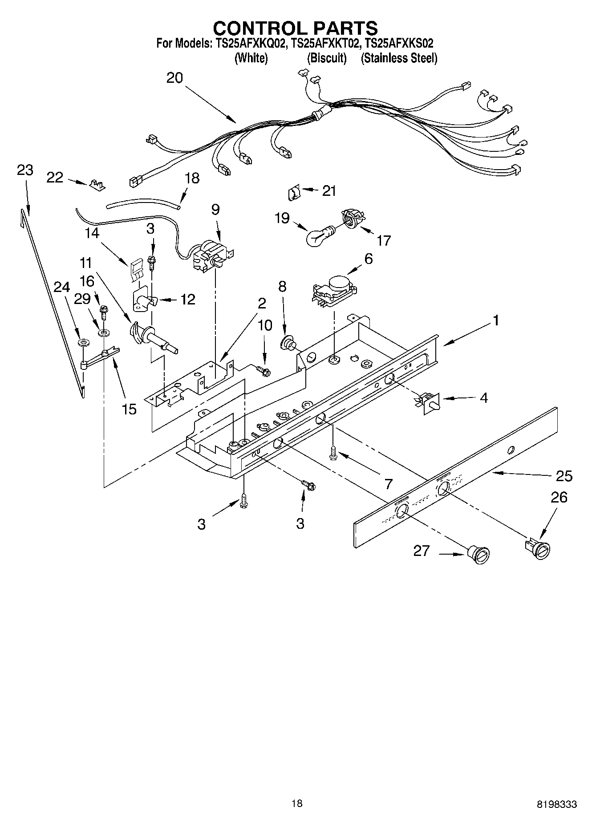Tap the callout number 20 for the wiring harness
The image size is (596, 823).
point(174,78)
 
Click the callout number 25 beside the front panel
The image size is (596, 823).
point(564,476)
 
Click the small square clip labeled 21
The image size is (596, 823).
point(293,194)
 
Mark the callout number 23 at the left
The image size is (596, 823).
point(25,170)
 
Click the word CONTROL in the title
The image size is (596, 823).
point(257,28)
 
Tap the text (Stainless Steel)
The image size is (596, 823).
point(399,58)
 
